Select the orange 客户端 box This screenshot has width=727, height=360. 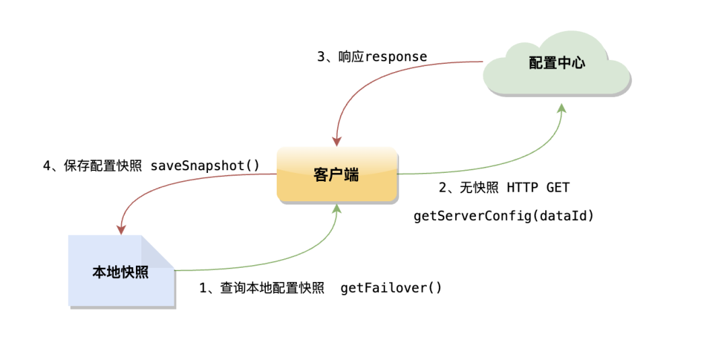coord(337,174)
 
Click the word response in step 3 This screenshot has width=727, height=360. coord(396,57)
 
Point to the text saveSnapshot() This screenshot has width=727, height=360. coord(205,166)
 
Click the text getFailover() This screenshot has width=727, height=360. coord(391,288)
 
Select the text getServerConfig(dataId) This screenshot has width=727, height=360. coord(504,216)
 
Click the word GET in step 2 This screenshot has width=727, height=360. coord(558,188)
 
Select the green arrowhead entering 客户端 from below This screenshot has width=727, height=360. coord(336,209)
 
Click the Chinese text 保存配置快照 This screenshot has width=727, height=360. coord(104,166)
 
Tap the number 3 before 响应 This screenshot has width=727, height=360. coord(321,57)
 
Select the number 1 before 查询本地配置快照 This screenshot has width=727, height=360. coord(203,288)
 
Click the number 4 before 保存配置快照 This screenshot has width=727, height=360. coord(47,166)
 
